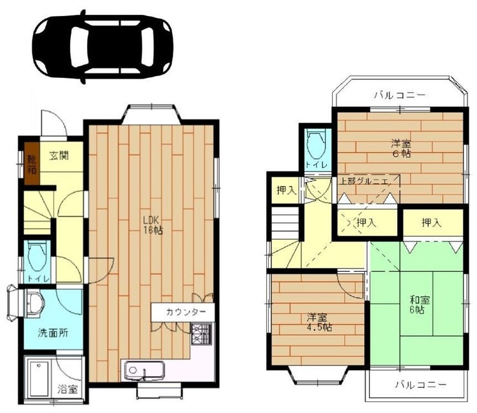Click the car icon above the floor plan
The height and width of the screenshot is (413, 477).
coord(103,46)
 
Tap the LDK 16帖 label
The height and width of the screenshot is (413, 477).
coord(153,225)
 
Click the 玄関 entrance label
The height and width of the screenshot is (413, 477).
coord(59,155)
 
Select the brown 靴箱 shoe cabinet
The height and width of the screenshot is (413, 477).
coord(32,164)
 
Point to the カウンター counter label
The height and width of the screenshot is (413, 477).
coord(186,312)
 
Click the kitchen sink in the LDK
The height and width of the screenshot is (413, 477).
coord(143,370)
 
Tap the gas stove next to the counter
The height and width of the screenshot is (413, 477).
coord(201,334)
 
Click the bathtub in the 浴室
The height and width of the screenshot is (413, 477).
coord(39,379)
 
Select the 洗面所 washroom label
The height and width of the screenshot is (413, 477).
coord(53,333)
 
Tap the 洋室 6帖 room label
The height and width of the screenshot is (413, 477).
coord(401,148)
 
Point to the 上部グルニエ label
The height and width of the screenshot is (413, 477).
coord(364,181)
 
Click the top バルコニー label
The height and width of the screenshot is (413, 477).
coord(400,95)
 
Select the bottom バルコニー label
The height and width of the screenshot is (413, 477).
coord(421,385)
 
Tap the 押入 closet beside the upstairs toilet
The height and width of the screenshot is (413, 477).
coord(286,190)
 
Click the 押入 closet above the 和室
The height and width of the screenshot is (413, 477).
coord(431,223)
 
